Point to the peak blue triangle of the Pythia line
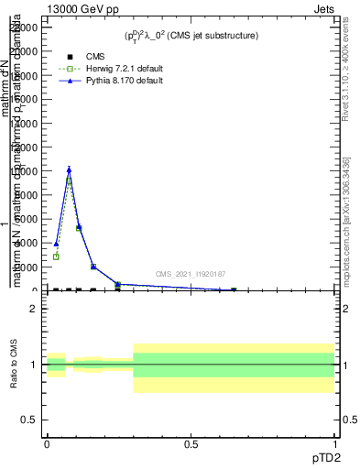click(x=69, y=169)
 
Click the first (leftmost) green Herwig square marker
click(x=56, y=256)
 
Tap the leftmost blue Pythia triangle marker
click(x=56, y=244)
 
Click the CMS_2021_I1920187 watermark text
click(x=191, y=273)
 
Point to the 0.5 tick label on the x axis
click(x=191, y=443)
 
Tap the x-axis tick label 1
click(x=336, y=443)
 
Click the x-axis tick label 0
click(x=47, y=443)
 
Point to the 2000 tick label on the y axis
click(x=25, y=267)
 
